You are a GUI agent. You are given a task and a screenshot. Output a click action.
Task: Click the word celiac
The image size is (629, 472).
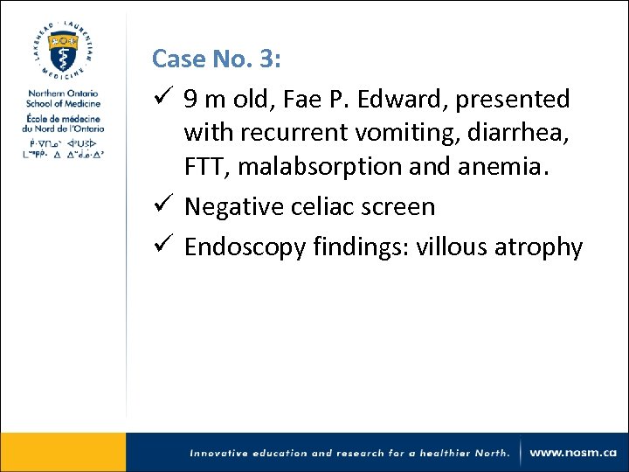coord(322,207)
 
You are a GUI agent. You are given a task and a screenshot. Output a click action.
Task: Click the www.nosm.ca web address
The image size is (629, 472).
coord(573,453)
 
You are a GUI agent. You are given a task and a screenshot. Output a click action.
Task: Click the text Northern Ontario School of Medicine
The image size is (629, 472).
coord(63,99)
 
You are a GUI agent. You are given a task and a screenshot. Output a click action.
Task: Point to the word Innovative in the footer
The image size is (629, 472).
coord(225,453)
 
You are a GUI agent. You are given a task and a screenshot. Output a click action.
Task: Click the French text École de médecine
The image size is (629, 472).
coord(62,118)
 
